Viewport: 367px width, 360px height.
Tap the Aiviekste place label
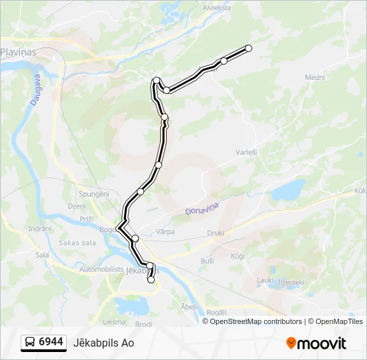218,8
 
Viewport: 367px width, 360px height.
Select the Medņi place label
315,77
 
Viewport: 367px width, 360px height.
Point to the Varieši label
246,152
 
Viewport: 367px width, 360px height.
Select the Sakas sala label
78,243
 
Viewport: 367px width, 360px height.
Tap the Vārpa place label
165,232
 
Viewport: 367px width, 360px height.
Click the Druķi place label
215,233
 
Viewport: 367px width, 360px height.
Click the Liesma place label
114,321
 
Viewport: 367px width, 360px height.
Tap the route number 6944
51,342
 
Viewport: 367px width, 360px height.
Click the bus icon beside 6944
31,343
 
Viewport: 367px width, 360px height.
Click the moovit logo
316,343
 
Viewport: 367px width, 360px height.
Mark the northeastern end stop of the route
249,48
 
